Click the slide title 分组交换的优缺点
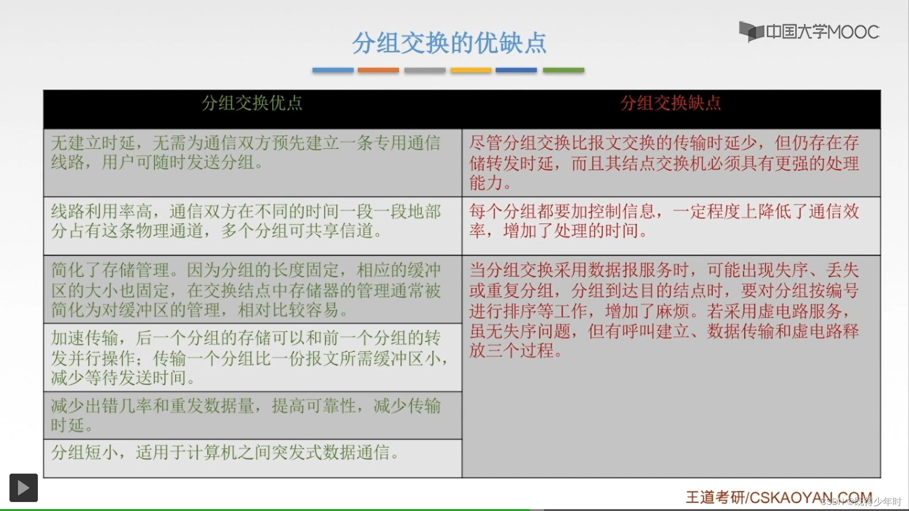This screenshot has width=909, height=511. click(x=449, y=43)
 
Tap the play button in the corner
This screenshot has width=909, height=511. click(x=24, y=488)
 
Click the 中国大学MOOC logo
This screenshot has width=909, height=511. click(x=809, y=32)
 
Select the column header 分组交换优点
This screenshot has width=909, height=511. click(x=252, y=103)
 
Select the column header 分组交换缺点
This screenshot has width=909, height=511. click(x=670, y=103)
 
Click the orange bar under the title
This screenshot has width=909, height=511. click(x=378, y=70)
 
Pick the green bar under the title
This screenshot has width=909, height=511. click(x=563, y=70)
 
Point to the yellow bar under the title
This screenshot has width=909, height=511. click(x=471, y=70)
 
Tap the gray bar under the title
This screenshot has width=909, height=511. click(x=425, y=70)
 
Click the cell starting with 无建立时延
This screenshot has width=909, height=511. click(x=252, y=162)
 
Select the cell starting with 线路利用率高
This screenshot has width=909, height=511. click(x=252, y=225)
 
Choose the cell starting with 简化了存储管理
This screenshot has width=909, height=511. click(x=252, y=290)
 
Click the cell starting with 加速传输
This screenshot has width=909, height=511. click(x=252, y=357)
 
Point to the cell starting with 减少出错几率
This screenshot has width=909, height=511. click(x=252, y=415)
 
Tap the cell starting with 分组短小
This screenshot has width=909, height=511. click(x=252, y=457)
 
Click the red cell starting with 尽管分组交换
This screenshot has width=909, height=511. click(x=670, y=162)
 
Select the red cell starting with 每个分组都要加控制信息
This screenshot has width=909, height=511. click(x=670, y=225)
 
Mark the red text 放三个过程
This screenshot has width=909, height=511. click(x=516, y=351)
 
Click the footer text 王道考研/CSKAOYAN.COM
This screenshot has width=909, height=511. click(x=778, y=497)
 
